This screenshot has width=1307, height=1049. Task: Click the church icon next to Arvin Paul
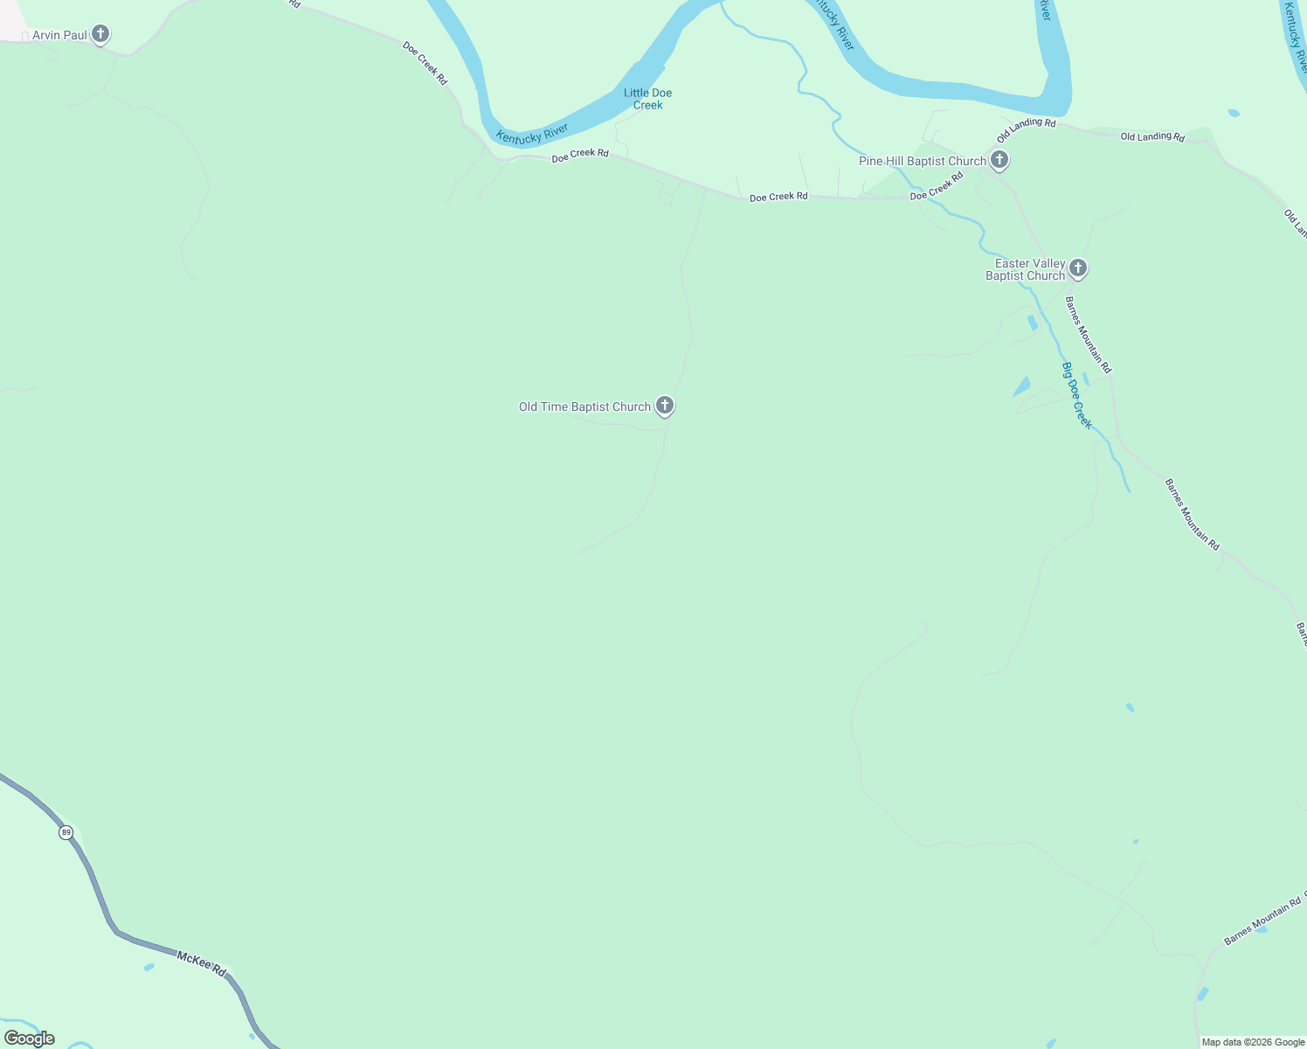click(100, 35)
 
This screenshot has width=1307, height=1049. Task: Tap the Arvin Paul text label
click(59, 36)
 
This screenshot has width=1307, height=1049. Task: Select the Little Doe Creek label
click(647, 99)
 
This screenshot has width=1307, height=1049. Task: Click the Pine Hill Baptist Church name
click(922, 161)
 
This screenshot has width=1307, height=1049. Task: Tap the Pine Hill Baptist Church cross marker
click(999, 160)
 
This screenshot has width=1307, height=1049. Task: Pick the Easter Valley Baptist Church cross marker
click(1078, 267)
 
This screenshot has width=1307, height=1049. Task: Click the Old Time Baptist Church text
click(584, 406)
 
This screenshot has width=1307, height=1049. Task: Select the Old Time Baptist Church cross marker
click(665, 405)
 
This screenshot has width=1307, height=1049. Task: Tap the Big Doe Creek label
click(1076, 396)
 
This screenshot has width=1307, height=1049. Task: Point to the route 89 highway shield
click(66, 832)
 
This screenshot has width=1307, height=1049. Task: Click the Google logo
click(30, 1039)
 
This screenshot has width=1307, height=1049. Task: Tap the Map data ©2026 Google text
click(1253, 1042)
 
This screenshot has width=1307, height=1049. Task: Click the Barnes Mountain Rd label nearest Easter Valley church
click(1088, 335)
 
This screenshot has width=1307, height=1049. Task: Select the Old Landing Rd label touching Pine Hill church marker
click(1027, 129)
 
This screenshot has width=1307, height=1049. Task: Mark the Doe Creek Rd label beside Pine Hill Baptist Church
click(937, 185)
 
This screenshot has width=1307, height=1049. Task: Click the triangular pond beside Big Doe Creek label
click(1022, 386)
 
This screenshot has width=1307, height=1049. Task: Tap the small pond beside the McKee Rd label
click(149, 967)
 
